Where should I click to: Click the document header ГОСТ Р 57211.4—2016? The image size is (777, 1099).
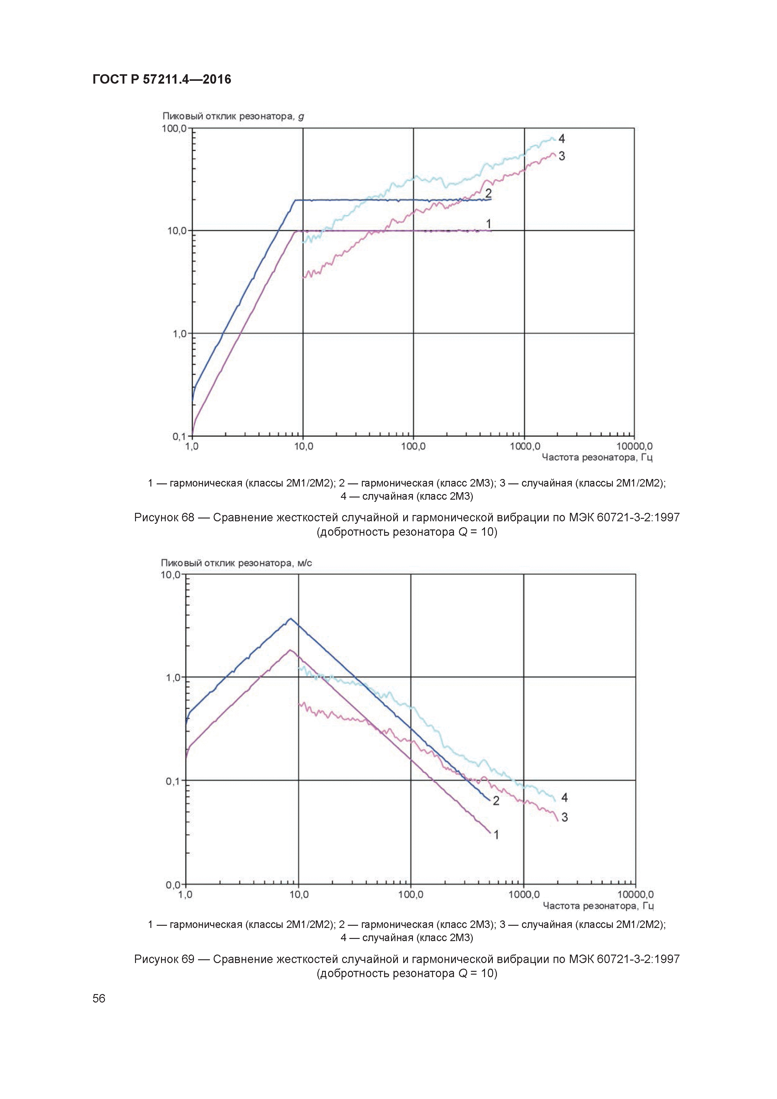click(x=161, y=79)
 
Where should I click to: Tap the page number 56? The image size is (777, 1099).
click(x=99, y=998)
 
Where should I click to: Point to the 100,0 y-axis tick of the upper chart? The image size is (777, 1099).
click(x=174, y=128)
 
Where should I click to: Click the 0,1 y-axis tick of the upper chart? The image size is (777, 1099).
click(x=179, y=436)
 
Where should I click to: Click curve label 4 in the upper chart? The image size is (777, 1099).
click(x=561, y=139)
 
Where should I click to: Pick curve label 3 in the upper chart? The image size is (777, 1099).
click(x=561, y=156)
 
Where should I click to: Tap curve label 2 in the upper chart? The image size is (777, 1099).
click(x=488, y=193)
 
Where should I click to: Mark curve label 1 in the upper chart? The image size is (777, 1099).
click(x=488, y=224)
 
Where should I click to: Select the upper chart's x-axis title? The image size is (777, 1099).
click(x=597, y=457)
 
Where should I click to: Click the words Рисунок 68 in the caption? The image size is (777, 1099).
click(x=164, y=518)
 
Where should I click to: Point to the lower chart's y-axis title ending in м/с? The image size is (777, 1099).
click(x=236, y=563)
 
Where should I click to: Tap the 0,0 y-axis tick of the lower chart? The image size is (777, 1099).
click(x=173, y=885)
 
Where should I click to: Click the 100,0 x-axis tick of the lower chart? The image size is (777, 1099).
click(x=411, y=895)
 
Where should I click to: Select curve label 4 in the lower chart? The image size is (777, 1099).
click(x=565, y=797)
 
